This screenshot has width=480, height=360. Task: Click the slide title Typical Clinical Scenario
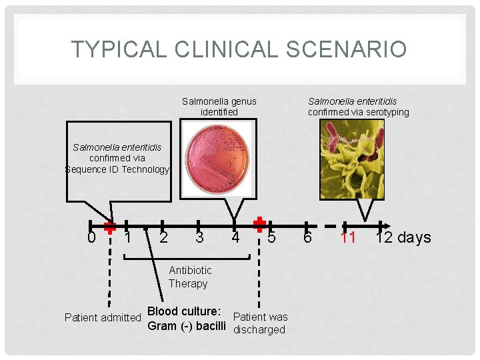(x=239, y=49)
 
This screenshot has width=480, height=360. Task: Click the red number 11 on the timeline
(x=348, y=237)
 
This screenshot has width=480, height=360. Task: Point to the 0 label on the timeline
(x=91, y=237)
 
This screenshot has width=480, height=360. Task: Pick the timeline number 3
(x=199, y=237)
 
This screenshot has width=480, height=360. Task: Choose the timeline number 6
(x=307, y=237)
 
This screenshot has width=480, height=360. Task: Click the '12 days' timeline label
(x=403, y=237)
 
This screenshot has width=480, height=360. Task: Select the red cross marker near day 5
(x=260, y=224)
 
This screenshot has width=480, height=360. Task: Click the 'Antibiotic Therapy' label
(x=189, y=277)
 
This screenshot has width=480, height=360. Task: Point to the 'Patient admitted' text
(x=103, y=317)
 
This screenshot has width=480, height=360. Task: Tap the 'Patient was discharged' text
(x=261, y=323)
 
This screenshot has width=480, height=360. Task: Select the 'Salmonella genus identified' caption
(x=219, y=107)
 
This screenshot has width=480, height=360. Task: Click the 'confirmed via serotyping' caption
(x=358, y=112)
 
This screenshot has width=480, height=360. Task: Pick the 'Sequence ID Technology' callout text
(x=117, y=169)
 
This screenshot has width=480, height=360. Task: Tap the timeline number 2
(x=163, y=237)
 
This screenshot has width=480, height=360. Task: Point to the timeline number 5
(x=271, y=237)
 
